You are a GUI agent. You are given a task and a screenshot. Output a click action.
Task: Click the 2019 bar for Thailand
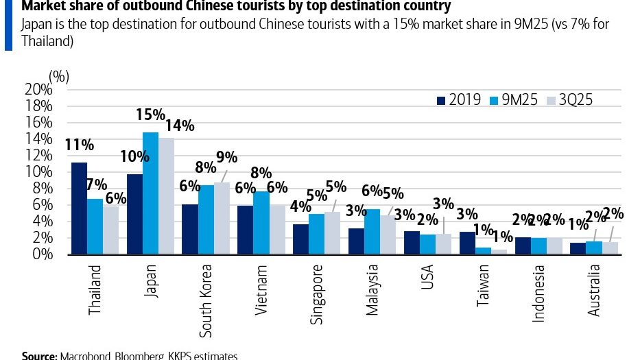pos(79,208)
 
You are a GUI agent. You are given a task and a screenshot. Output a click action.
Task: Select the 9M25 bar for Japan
pos(150,193)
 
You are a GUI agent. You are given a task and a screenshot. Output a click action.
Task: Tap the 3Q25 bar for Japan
pos(167,196)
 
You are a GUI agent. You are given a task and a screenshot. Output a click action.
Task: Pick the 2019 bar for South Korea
pos(189,229)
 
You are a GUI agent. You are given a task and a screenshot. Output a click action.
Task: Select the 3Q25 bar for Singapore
pos(332,233)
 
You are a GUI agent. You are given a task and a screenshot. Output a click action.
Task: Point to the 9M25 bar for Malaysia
pos(372,232)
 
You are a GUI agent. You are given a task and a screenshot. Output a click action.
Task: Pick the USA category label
pos(427,277)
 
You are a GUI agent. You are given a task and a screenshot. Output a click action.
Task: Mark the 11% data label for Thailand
pos(79,145)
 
